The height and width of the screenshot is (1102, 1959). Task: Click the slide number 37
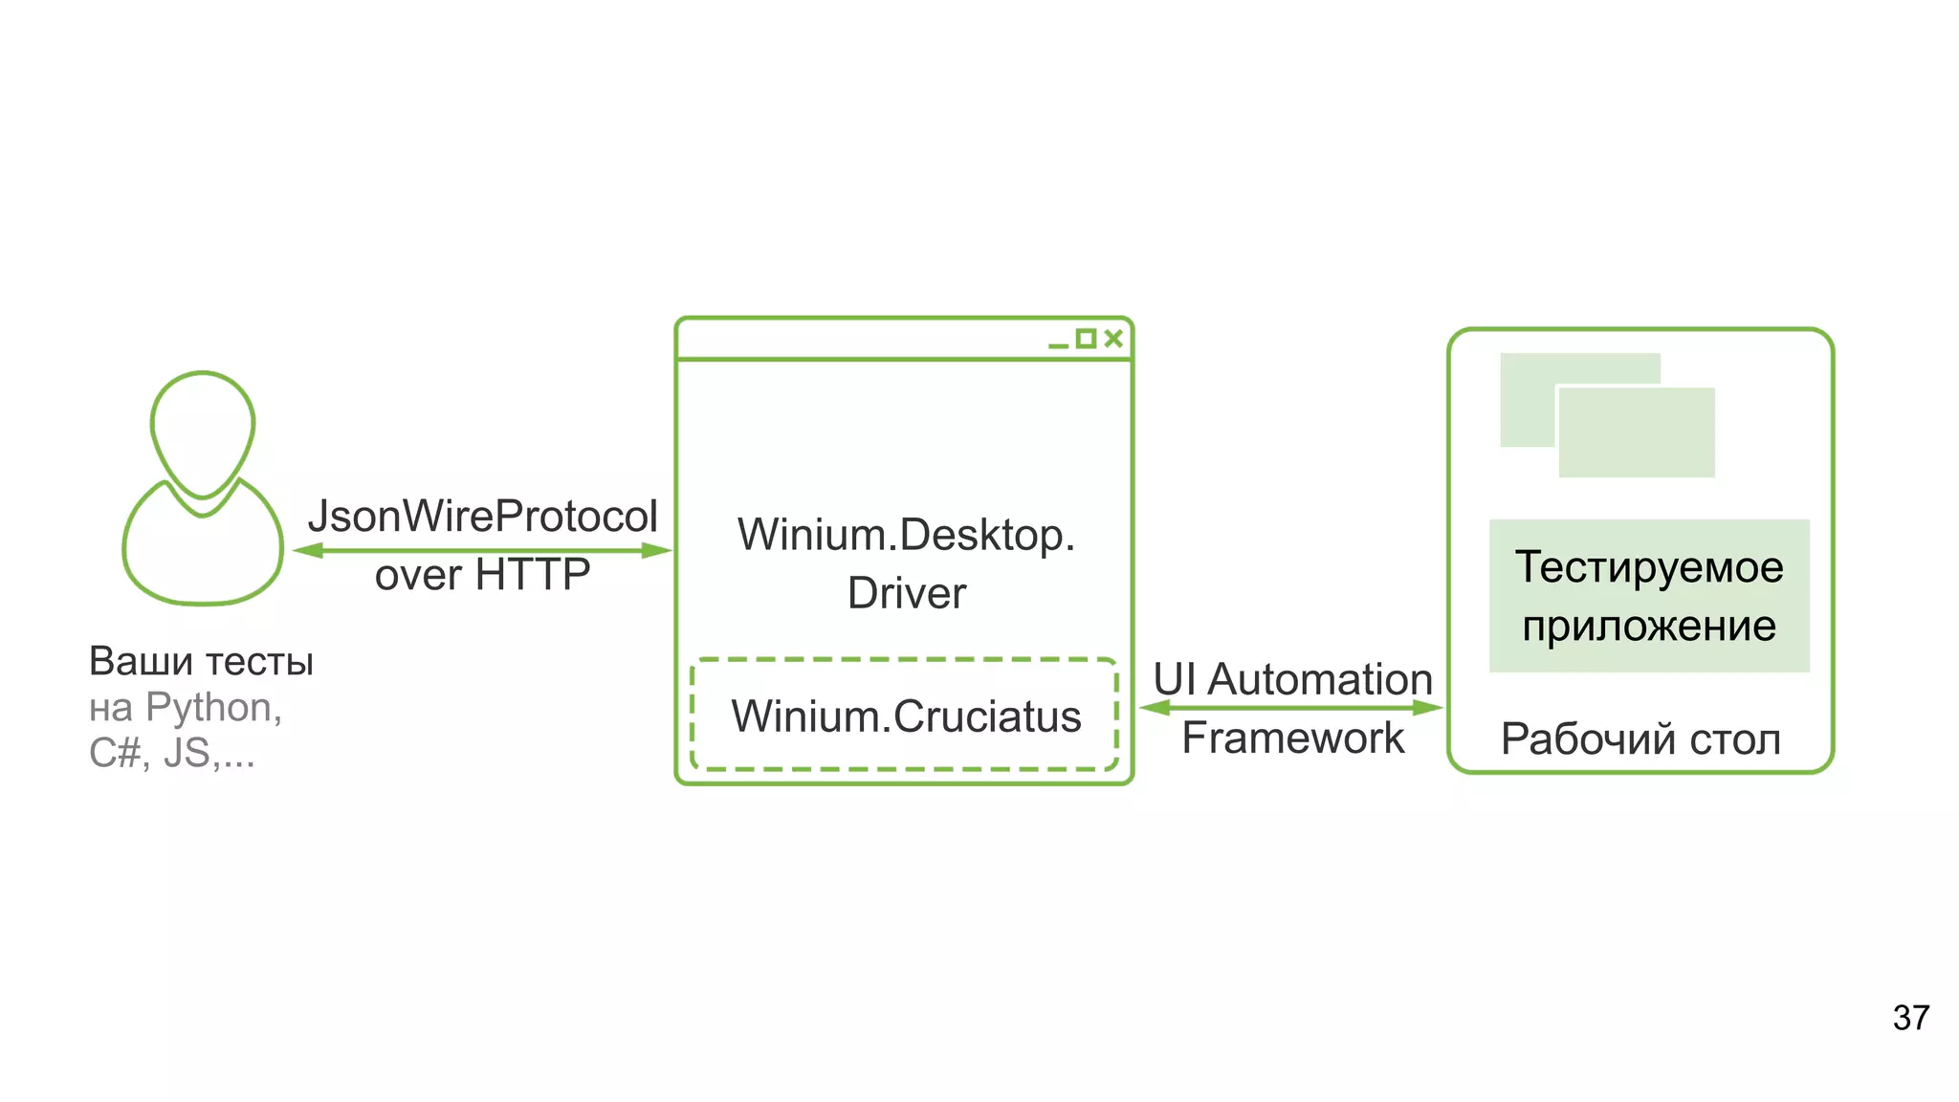click(1910, 1018)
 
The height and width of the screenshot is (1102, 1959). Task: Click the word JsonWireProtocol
click(482, 517)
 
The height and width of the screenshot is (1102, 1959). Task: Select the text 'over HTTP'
click(482, 575)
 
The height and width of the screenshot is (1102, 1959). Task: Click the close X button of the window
click(1113, 338)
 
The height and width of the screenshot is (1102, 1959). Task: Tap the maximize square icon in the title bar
click(1086, 338)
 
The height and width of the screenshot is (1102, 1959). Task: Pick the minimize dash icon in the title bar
click(1058, 345)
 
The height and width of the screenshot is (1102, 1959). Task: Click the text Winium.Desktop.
click(906, 534)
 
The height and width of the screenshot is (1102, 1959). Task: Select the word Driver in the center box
click(906, 593)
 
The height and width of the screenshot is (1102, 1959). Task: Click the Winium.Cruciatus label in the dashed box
click(906, 716)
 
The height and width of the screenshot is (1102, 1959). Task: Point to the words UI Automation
click(1292, 679)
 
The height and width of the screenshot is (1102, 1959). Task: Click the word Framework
click(1292, 738)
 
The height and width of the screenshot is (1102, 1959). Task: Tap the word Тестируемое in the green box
click(1649, 566)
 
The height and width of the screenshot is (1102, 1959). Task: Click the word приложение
click(1649, 627)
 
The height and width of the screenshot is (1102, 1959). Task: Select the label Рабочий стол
click(1640, 739)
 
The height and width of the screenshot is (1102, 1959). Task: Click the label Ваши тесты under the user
click(201, 661)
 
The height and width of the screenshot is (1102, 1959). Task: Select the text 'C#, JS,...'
click(172, 754)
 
